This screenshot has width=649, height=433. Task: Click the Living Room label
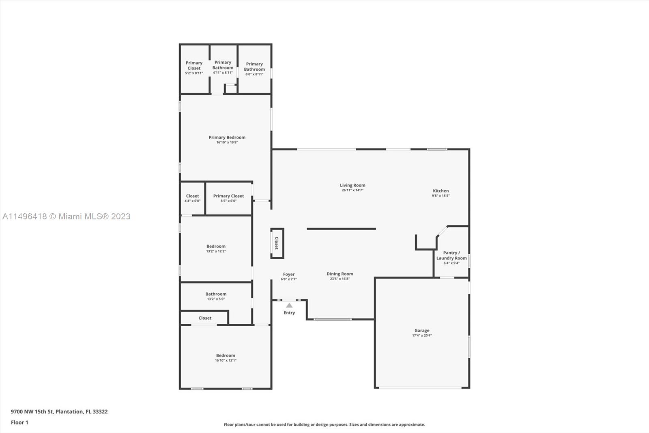pyautogui.click(x=352, y=185)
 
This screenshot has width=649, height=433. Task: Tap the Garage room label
pyautogui.click(x=422, y=330)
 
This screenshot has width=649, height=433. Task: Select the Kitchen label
pyautogui.click(x=441, y=191)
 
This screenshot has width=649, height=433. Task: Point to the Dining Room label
pyautogui.click(x=340, y=274)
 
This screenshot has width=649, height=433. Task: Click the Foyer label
pyautogui.click(x=289, y=274)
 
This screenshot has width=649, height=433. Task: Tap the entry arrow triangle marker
pyautogui.click(x=289, y=305)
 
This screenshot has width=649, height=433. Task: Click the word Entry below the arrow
pyautogui.click(x=289, y=312)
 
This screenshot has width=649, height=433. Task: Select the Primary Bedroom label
pyautogui.click(x=227, y=137)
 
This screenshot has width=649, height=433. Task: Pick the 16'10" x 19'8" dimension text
pyautogui.click(x=227, y=143)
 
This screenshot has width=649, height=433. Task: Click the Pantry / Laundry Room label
pyautogui.click(x=451, y=255)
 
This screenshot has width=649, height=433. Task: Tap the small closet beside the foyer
pyautogui.click(x=277, y=243)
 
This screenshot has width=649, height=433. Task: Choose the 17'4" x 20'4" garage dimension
pyautogui.click(x=422, y=336)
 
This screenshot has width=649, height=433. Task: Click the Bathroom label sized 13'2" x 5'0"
pyautogui.click(x=216, y=294)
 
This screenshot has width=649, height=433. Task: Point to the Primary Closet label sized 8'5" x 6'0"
pyautogui.click(x=229, y=196)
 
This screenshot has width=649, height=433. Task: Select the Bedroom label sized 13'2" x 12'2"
pyautogui.click(x=216, y=246)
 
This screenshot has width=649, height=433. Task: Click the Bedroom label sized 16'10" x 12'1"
pyautogui.click(x=226, y=355)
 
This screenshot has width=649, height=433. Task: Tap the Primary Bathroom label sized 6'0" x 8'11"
pyautogui.click(x=254, y=67)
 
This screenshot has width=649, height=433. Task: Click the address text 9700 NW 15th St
pyautogui.click(x=32, y=411)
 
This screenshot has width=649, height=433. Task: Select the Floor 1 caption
pyautogui.click(x=20, y=422)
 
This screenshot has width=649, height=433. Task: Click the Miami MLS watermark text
pyautogui.click(x=67, y=216)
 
